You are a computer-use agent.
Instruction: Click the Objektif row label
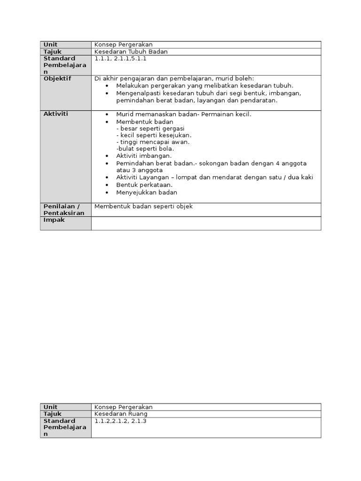[57, 78]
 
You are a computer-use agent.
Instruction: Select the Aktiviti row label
[56, 114]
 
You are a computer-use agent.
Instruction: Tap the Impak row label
[54, 220]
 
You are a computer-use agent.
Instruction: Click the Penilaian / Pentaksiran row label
[64, 209]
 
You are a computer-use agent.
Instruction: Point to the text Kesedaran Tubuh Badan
[131, 52]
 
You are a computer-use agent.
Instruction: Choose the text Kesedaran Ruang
[121, 414]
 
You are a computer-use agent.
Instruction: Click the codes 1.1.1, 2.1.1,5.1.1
[121, 58]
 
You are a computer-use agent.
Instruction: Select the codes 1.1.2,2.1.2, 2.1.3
[120, 421]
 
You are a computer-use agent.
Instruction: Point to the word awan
[181, 142]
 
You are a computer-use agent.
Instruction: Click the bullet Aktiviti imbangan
[144, 156]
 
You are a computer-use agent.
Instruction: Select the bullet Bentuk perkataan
[143, 185]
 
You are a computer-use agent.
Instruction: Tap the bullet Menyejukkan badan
[147, 193]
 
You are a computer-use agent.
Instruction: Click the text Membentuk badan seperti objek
[143, 206]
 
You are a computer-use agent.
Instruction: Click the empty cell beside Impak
[206, 223]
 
